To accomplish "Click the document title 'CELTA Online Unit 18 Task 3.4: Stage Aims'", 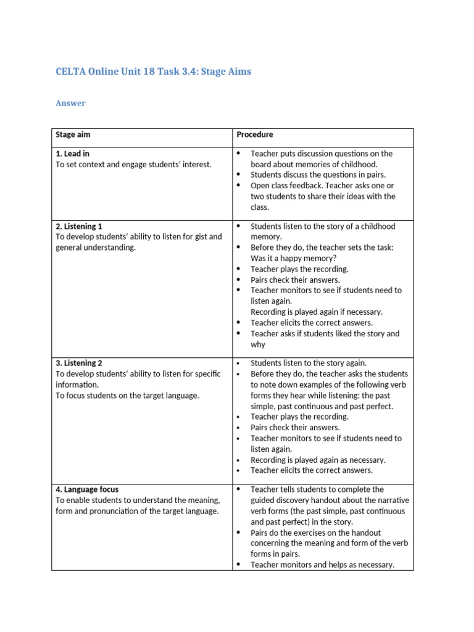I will [x=154, y=72].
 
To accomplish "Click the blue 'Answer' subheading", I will [x=70, y=103].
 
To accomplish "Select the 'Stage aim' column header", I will [x=73, y=135].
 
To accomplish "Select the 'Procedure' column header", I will [x=254, y=135].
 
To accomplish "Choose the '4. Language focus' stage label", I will [x=87, y=489].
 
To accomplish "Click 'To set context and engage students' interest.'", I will [x=133, y=164].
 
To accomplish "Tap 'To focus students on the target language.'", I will [x=127, y=395].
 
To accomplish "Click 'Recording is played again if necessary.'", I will [x=316, y=312].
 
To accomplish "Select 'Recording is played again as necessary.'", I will [x=318, y=460].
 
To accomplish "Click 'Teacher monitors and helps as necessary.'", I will [x=322, y=565].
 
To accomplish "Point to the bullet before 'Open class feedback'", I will [x=238, y=186].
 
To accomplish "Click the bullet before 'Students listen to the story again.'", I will [x=238, y=363].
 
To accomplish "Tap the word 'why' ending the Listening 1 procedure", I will [x=258, y=344].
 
